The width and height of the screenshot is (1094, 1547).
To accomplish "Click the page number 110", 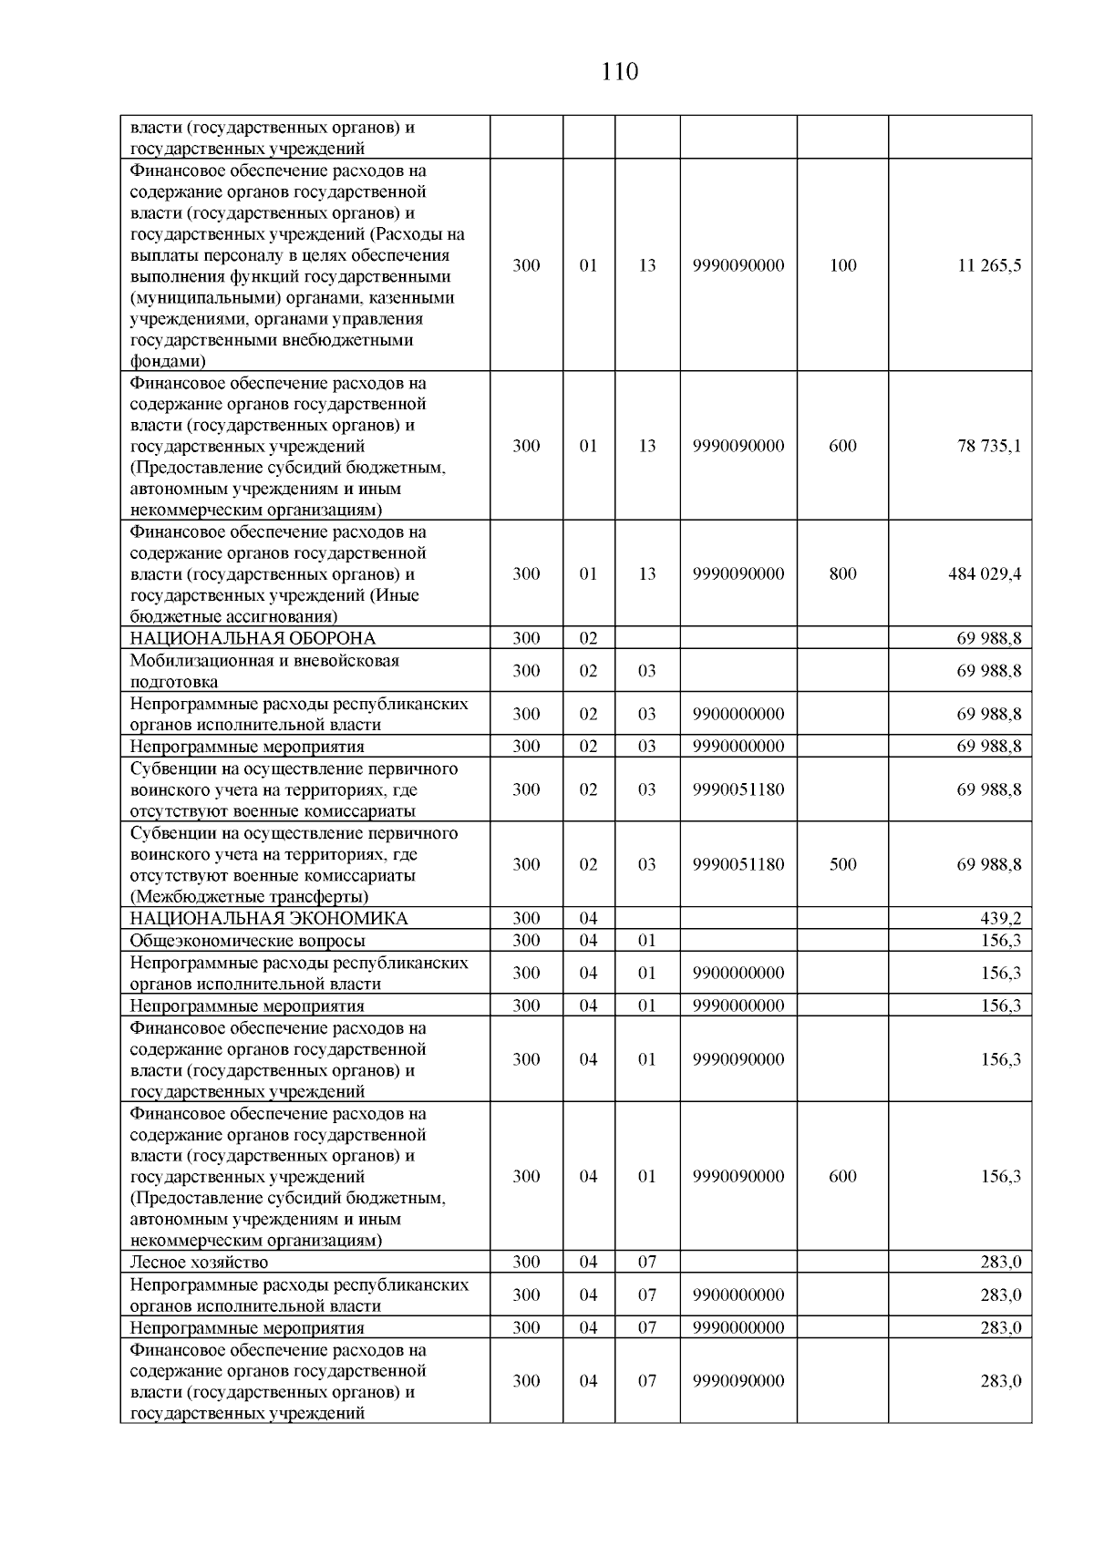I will pyautogui.click(x=620, y=72).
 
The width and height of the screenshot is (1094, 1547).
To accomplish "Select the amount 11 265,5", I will pyautogui.click(x=989, y=265).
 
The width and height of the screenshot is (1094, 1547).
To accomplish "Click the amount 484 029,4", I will pyautogui.click(x=985, y=573).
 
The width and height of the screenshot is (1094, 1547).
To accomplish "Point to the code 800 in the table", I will pyautogui.click(x=842, y=573).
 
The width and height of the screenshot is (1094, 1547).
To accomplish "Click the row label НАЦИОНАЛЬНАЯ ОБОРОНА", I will pyautogui.click(x=253, y=638).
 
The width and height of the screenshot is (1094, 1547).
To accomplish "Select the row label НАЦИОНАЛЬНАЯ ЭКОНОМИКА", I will pyautogui.click(x=269, y=918).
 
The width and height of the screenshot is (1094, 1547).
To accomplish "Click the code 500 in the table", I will pyautogui.click(x=842, y=864).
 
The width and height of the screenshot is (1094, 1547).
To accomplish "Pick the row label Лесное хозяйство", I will pyautogui.click(x=199, y=1262).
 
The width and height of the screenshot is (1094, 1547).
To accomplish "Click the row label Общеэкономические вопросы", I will pyautogui.click(x=247, y=940).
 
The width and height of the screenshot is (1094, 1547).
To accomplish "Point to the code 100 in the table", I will pyautogui.click(x=842, y=265).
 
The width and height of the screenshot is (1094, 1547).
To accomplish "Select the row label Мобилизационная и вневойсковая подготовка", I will pyautogui.click(x=264, y=670).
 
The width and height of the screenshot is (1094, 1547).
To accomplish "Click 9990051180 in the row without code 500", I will pyautogui.click(x=738, y=789).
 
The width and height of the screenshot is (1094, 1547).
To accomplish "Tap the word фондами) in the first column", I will pyautogui.click(x=168, y=362).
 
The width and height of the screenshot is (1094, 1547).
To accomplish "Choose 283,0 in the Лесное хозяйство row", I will pyautogui.click(x=1000, y=1262).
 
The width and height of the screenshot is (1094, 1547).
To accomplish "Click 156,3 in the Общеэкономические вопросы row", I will pyautogui.click(x=1000, y=940).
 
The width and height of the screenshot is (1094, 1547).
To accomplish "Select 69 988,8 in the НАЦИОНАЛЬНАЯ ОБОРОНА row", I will pyautogui.click(x=989, y=638).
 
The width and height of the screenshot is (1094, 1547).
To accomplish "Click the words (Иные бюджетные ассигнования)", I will pyautogui.click(x=273, y=606).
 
